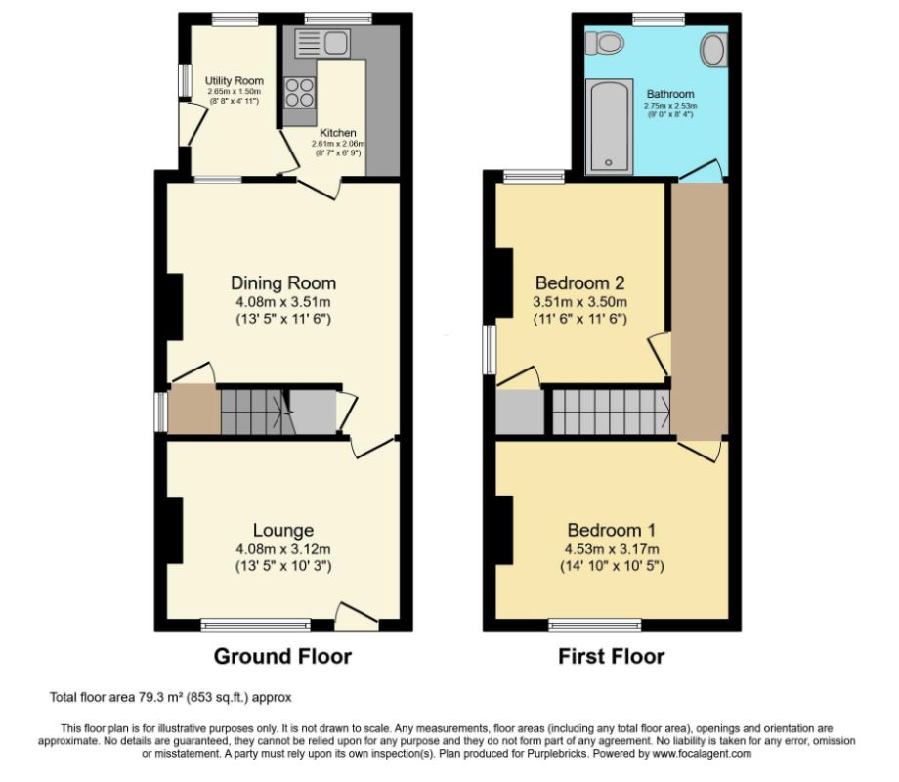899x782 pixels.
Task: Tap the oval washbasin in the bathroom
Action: click(713, 49)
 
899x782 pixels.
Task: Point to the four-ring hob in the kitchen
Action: click(299, 92)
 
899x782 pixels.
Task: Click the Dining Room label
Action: click(283, 283)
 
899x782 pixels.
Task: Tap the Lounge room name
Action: click(282, 532)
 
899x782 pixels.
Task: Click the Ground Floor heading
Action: click(282, 656)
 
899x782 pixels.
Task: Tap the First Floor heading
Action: click(612, 656)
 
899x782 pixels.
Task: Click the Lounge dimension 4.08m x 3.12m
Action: click(283, 549)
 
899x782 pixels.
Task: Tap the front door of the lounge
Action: click(356, 616)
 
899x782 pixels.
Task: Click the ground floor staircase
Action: click(252, 411)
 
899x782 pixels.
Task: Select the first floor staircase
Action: click(611, 411)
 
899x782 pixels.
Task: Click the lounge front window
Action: click(240, 624)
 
